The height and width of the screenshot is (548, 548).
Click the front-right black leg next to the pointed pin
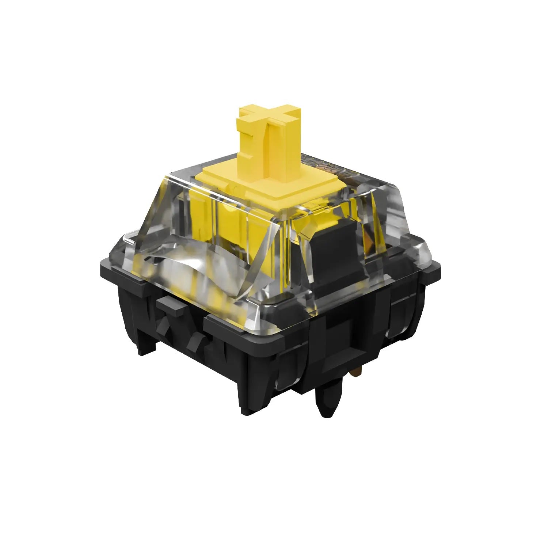(x=256, y=395)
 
